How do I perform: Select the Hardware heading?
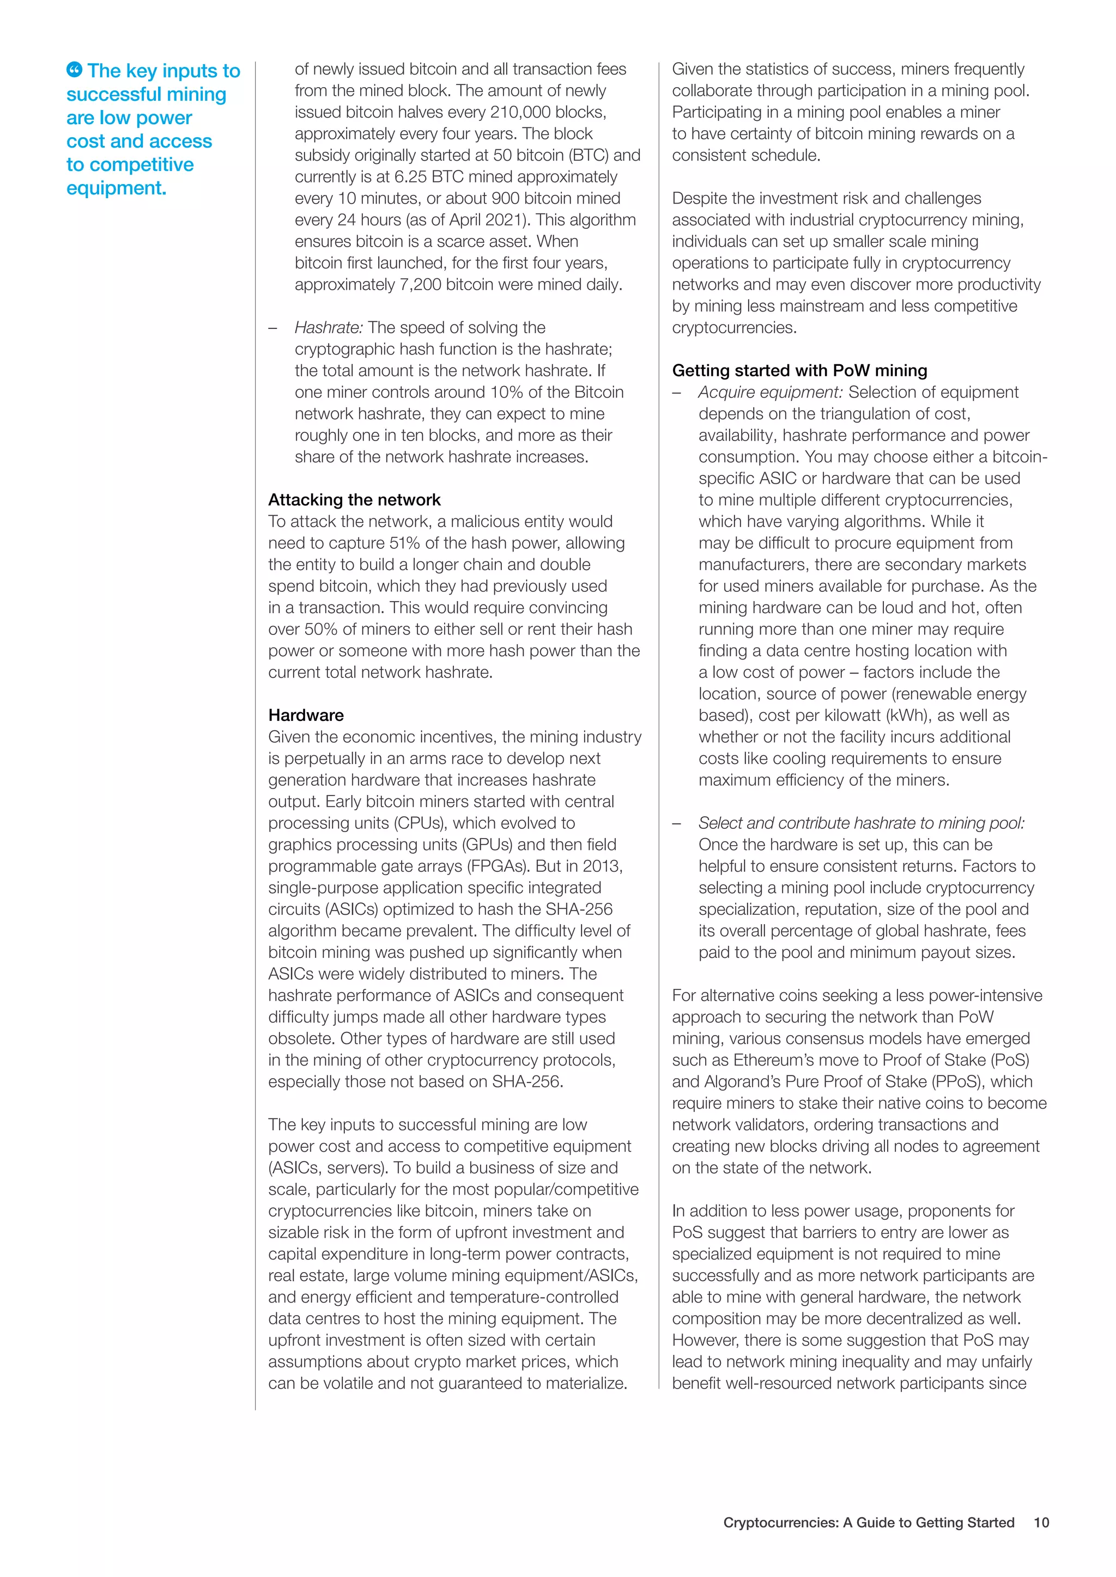306,715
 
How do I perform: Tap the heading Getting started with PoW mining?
799,370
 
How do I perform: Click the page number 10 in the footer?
1041,1522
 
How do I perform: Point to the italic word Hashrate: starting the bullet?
329,328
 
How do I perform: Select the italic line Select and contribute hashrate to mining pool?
861,823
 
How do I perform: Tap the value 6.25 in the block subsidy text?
410,176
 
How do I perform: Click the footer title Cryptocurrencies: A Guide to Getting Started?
868,1522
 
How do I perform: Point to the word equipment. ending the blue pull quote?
116,187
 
